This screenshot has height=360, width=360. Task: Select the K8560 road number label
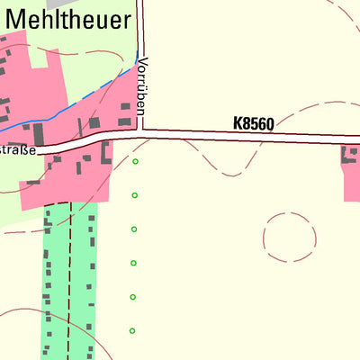point(253,122)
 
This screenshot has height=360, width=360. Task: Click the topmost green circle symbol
point(136,162)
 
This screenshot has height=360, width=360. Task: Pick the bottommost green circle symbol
point(132,331)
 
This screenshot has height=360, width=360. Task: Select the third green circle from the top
point(134,229)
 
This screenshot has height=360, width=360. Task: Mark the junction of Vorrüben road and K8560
point(141,132)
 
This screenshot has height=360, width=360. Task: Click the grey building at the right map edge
point(351,155)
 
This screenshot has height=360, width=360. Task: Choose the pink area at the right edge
point(352,180)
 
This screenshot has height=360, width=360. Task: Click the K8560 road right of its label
point(315,138)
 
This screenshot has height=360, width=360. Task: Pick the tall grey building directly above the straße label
point(39,135)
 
